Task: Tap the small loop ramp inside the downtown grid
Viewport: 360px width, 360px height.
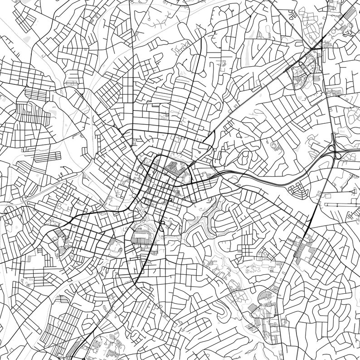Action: click(169, 200)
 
